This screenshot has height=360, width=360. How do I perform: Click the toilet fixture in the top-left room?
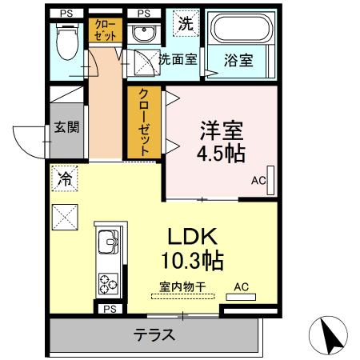click(68, 39)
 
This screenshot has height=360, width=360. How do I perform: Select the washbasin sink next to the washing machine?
click(145, 34)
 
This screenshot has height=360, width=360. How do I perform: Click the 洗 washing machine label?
click(186, 24)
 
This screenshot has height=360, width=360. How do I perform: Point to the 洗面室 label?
click(178, 58)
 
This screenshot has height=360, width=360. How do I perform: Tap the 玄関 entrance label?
click(66, 127)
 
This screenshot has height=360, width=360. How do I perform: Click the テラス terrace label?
click(154, 336)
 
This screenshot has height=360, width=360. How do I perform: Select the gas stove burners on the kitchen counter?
click(107, 283)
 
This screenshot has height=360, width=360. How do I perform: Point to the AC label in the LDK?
click(241, 286)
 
